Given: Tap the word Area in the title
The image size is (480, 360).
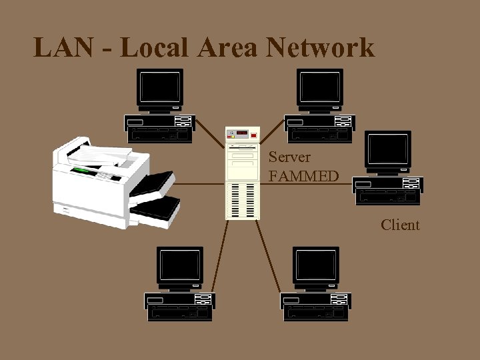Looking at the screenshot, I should pos(227,48).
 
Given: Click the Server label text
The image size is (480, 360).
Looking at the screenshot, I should pos(289,157).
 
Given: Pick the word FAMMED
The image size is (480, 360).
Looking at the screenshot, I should pos(303,176).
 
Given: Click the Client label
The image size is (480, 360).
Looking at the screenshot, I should pos(400,225).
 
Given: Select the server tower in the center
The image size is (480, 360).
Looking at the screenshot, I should pos(242,173).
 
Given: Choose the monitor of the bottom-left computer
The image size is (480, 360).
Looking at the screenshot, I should pos(180,267).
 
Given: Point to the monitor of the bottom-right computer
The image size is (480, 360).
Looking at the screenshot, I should pos(316,267).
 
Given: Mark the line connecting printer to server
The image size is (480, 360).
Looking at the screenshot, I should pos(200,183).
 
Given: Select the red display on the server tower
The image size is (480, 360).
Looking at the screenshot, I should pos(241,133).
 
